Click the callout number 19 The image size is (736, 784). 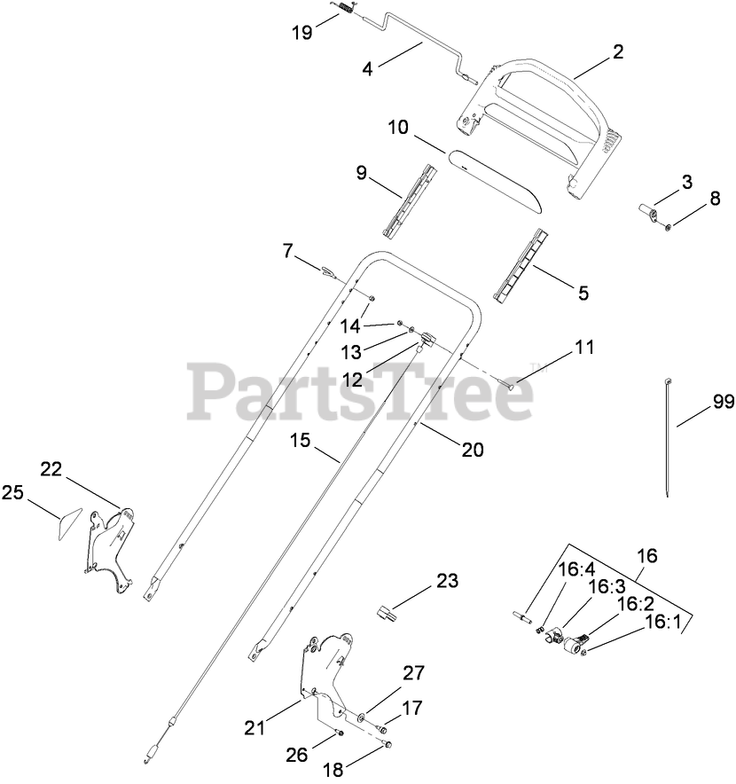[x=301, y=34]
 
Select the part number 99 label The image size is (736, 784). [x=700, y=401]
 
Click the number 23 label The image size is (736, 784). [x=448, y=583]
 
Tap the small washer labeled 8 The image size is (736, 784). [x=668, y=226]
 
